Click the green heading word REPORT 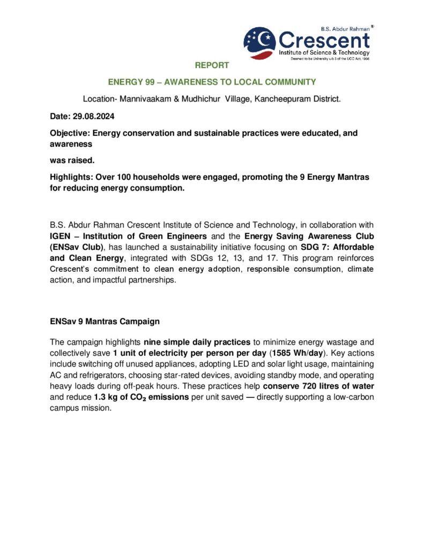coord(212,65)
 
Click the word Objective coord(70,133)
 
